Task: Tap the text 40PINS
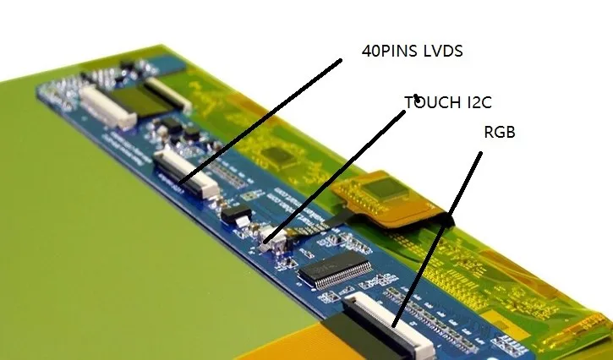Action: (386, 52)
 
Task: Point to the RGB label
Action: (499, 133)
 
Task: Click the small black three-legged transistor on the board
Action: (236, 212)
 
